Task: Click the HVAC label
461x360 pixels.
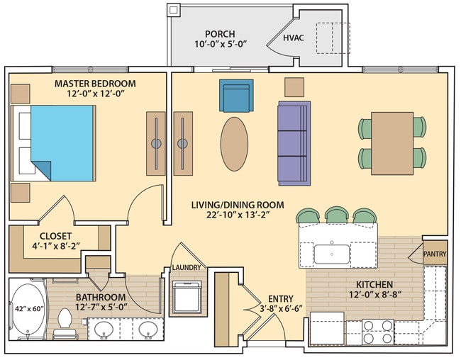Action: point(294,38)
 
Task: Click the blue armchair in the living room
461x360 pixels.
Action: point(236,96)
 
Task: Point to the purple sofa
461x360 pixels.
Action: point(293,142)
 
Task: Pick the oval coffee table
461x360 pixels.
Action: point(235,144)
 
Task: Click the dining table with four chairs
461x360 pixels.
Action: point(392,142)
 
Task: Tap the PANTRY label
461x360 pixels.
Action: point(434,253)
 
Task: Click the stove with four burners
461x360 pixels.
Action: point(378,330)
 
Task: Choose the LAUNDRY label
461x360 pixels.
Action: point(187,267)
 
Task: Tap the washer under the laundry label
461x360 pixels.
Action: point(187,297)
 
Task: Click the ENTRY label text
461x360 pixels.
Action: point(276,298)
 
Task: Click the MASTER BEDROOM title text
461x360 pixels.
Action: point(95,83)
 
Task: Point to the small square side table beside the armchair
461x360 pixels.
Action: point(294,86)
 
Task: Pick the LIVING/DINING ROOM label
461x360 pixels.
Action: point(238,205)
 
